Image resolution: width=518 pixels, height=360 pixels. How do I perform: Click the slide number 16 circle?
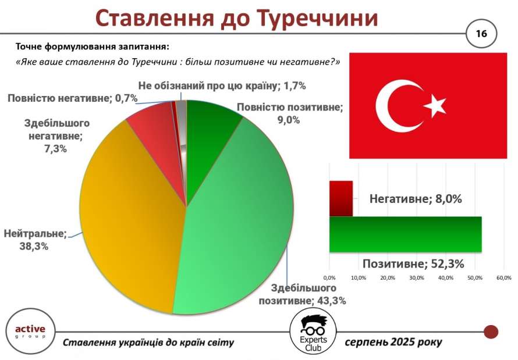tap(481, 34)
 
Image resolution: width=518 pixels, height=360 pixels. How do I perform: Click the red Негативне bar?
tap(341, 199)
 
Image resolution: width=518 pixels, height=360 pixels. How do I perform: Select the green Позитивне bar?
tap(405, 234)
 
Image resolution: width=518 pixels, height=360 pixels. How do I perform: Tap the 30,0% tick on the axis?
tap(417, 278)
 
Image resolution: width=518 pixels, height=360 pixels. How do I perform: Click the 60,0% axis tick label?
tap(504, 278)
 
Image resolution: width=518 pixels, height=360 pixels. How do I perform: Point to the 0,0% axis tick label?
tap(329, 278)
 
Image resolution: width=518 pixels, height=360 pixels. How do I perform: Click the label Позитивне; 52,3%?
tap(413, 263)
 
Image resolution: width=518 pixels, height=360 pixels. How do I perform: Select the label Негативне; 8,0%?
tap(416, 199)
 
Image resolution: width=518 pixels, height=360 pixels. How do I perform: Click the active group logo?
tap(30, 332)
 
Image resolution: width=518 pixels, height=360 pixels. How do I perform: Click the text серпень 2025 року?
tap(393, 342)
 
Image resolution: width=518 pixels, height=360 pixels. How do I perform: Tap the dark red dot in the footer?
tap(491, 332)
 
